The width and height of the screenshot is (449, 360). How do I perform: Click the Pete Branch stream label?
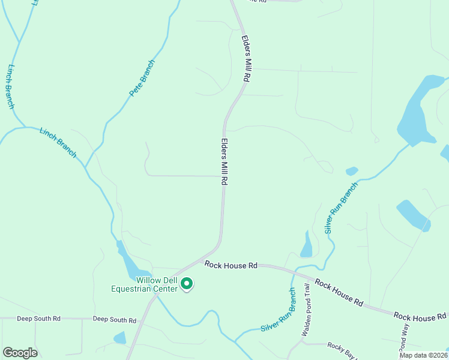click(x=142, y=79)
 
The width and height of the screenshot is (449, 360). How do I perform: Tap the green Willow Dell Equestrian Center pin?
click(x=187, y=283)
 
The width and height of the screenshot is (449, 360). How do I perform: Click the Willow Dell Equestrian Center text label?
click(x=148, y=284)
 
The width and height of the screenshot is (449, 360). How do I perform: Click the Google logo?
click(x=20, y=352)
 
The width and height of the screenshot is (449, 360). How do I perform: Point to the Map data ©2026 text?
click(x=423, y=355)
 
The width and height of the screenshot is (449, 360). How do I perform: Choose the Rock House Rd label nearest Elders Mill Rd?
click(x=231, y=265)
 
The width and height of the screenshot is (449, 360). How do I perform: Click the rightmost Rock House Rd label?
click(x=420, y=316)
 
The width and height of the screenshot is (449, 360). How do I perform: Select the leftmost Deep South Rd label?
click(x=38, y=319)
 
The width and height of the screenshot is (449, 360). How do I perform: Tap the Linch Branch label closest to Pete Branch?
click(x=58, y=142)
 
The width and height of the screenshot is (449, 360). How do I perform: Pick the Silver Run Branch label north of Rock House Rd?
click(x=340, y=207)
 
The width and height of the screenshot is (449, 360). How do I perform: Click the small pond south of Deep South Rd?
click(x=120, y=337)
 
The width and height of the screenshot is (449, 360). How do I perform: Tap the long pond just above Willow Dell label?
click(x=130, y=262)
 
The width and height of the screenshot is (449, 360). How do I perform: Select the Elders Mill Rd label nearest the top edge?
click(x=246, y=58)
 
